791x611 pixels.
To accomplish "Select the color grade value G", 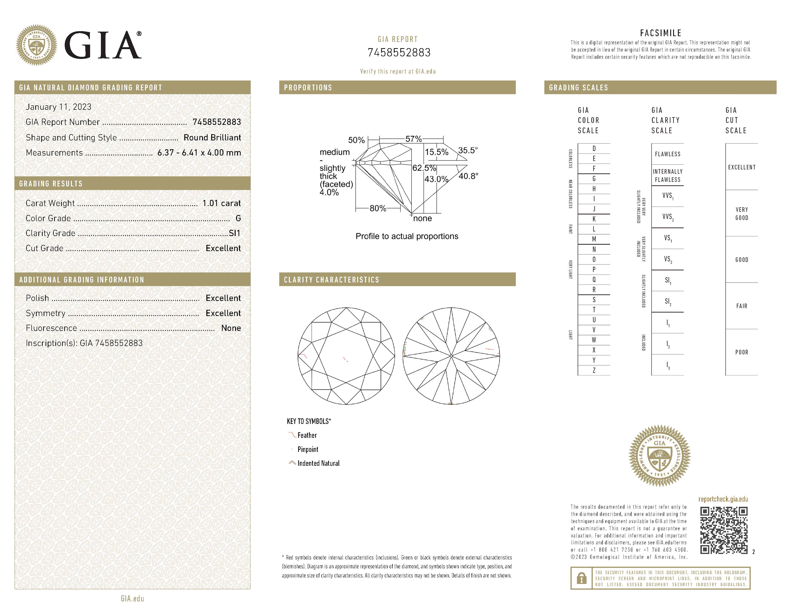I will click(x=238, y=218).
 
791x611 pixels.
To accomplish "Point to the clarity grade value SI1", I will click(x=234, y=233).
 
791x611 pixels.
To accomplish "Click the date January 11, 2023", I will click(x=59, y=107).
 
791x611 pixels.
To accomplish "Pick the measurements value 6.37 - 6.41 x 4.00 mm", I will click(x=199, y=153).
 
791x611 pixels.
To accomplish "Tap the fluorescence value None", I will click(x=231, y=328).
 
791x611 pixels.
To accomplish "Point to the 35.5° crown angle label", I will click(x=468, y=150).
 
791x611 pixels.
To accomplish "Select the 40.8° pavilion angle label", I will click(x=468, y=176).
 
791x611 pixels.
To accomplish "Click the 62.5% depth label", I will click(x=424, y=168).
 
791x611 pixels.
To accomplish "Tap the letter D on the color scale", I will click(x=594, y=148).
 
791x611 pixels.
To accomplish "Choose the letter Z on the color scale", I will click(x=594, y=370).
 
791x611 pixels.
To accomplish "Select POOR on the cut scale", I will click(x=741, y=352).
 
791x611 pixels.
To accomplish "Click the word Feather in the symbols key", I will click(x=307, y=435).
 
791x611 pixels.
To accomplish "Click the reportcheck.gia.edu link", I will click(x=723, y=499).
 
